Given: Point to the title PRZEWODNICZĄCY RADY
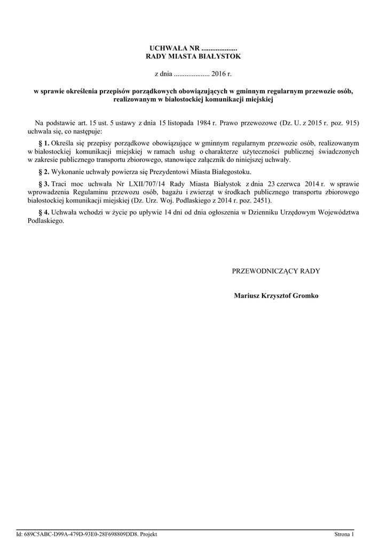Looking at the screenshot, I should click(276, 271).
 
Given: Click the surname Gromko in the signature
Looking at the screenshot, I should click(305, 295).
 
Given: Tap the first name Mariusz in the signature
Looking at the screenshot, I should click(247, 295).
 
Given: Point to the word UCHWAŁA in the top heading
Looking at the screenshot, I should click(168, 49).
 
